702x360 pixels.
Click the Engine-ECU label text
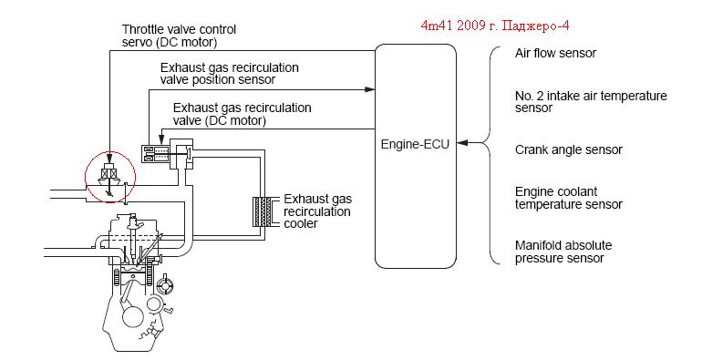415,145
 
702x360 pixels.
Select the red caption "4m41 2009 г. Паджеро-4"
495,26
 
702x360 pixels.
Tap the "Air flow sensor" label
555,53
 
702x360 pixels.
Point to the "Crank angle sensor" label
569,149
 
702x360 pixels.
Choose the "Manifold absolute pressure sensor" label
563,252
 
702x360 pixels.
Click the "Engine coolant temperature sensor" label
569,198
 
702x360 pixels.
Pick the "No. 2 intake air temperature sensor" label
591,102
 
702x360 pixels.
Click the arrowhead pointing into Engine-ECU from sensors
462,143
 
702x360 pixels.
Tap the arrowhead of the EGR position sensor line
369,89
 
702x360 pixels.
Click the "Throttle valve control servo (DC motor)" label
179,36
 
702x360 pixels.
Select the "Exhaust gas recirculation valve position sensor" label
230,74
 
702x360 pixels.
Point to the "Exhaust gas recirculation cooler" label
318,211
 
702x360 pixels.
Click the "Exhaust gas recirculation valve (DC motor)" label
243,114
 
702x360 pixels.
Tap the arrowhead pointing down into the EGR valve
160,140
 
